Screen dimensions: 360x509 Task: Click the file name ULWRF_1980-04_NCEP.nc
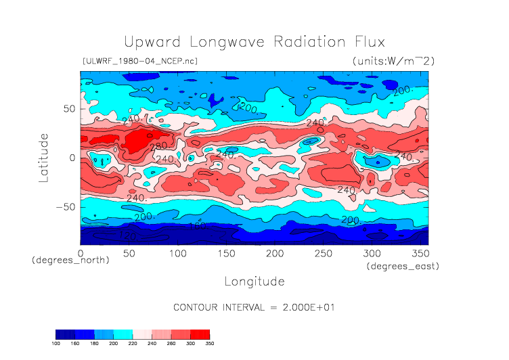click(x=139, y=61)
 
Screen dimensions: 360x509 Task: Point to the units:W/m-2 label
click(x=393, y=61)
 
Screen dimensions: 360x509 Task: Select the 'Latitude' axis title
click(x=44, y=157)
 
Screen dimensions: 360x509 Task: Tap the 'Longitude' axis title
click(x=254, y=280)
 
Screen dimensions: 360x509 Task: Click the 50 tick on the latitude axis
click(x=68, y=108)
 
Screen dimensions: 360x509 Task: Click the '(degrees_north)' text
click(x=70, y=261)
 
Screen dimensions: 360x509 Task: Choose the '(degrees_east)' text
click(x=403, y=267)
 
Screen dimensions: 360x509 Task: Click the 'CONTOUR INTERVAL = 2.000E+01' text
click(x=255, y=307)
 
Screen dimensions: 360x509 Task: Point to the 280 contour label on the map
click(x=158, y=147)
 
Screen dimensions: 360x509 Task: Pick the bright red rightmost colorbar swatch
click(x=200, y=334)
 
